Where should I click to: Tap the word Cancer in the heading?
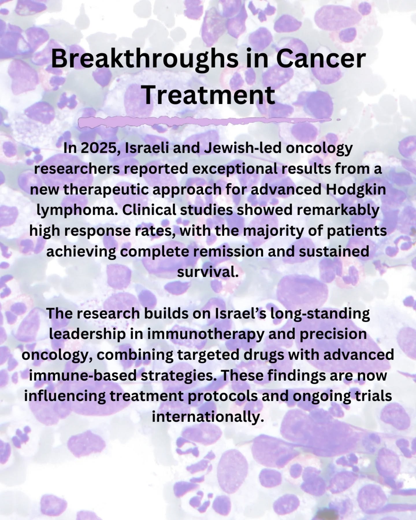click(321, 59)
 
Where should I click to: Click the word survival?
click(208, 272)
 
